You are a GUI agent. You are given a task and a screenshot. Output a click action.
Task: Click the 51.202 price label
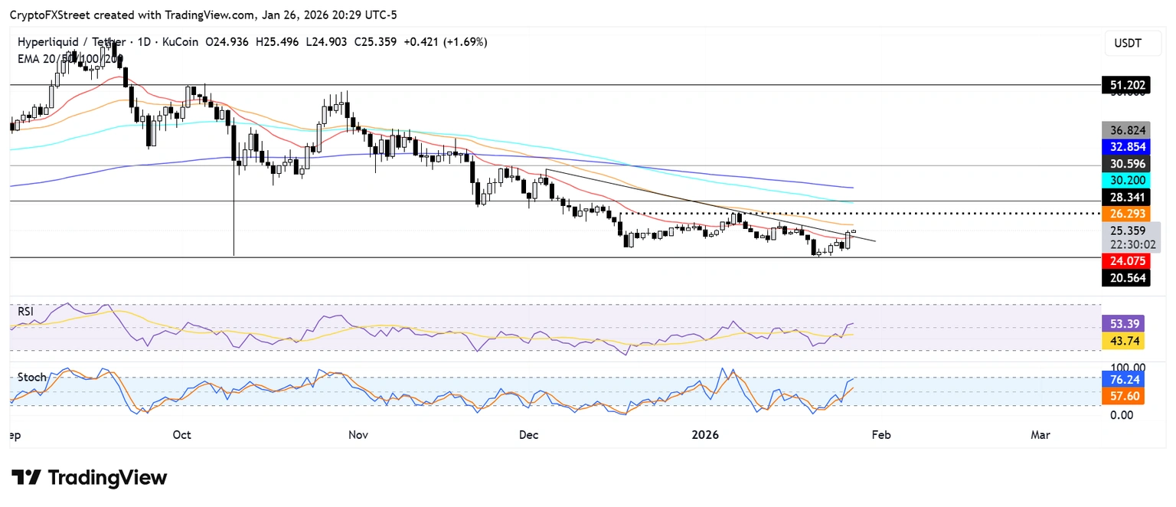(x=1125, y=85)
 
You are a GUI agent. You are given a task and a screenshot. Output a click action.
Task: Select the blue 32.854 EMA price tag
(x=1125, y=147)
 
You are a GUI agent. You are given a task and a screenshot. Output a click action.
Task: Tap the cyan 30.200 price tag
(x=1125, y=181)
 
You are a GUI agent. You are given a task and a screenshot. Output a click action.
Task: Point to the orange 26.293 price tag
(x=1125, y=214)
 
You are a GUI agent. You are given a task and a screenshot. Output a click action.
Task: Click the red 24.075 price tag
(x=1125, y=260)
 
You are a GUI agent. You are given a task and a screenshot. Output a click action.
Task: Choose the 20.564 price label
(x=1125, y=278)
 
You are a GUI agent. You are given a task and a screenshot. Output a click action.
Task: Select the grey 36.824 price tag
(x=1125, y=130)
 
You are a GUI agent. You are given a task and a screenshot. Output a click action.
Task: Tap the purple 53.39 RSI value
(x=1125, y=324)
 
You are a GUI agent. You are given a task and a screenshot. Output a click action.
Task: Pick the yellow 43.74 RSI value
(x=1125, y=342)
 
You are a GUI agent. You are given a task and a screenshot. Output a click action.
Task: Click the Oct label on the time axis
(x=181, y=435)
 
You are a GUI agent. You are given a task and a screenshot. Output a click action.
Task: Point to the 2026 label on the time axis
(x=705, y=435)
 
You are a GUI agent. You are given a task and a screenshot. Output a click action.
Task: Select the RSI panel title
(x=27, y=312)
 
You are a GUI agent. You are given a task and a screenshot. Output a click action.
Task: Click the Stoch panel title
(x=32, y=378)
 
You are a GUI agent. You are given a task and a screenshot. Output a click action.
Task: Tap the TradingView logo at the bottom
(x=89, y=478)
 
